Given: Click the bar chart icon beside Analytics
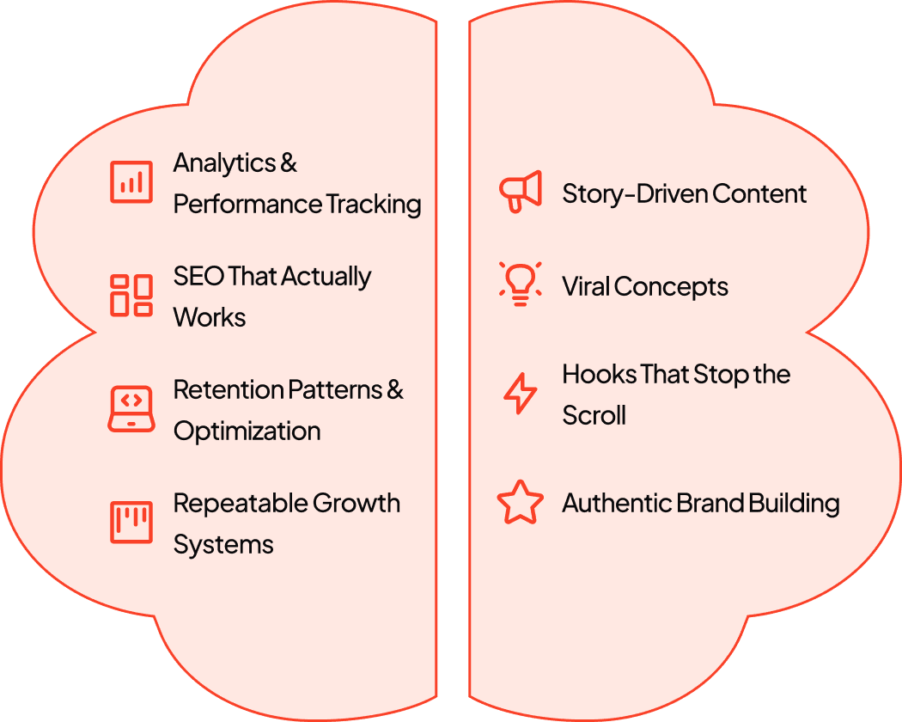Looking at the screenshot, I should click(x=131, y=182).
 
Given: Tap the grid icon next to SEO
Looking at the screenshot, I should click(x=131, y=295).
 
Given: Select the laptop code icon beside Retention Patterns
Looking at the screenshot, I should click(x=131, y=409).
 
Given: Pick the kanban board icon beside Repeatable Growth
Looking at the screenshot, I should click(x=131, y=522).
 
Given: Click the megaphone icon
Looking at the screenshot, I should click(x=521, y=192).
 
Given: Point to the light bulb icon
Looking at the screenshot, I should click(x=521, y=285).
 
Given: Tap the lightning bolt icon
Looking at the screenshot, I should click(x=520, y=395).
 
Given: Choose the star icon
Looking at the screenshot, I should click(x=521, y=504).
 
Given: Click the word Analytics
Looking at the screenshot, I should click(x=225, y=162).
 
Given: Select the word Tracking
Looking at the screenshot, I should click(x=374, y=204).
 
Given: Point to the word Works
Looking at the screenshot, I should click(x=210, y=317).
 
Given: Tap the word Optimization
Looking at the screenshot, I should click(x=247, y=431).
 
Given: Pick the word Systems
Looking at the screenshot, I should click(x=223, y=544).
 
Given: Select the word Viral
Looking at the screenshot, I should click(x=587, y=286).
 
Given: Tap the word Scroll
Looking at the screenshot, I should click(x=594, y=415).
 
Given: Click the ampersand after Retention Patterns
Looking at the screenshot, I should click(x=395, y=389).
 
